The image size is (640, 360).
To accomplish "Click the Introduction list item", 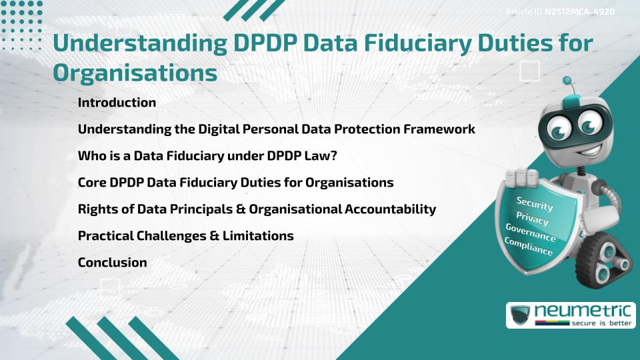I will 117,103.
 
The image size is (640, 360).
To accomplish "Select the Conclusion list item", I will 112,263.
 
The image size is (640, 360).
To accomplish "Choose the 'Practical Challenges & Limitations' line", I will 185,236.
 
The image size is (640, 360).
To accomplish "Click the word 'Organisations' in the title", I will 135,73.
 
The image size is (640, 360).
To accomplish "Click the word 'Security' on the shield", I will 535,204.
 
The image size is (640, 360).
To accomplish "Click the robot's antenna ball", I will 567,81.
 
